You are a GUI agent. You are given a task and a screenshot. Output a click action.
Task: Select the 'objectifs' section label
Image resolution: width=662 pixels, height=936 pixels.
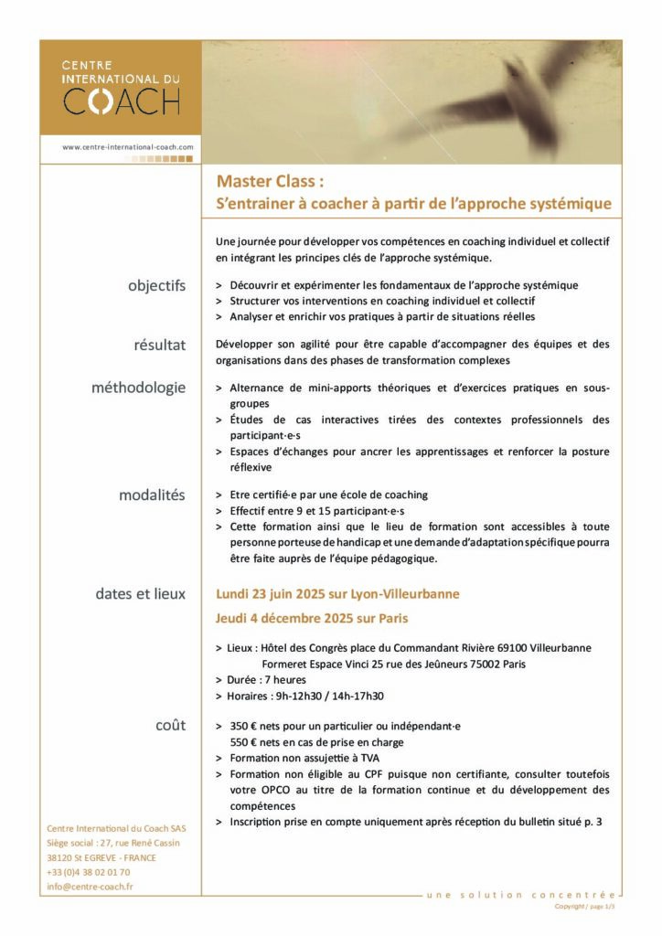click(x=156, y=285)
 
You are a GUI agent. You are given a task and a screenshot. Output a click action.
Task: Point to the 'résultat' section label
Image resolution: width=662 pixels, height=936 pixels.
click(x=159, y=345)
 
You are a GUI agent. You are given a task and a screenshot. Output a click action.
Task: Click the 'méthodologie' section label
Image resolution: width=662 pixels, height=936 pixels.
click(x=138, y=387)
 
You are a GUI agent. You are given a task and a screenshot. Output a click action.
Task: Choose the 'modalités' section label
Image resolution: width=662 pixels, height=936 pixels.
click(x=152, y=495)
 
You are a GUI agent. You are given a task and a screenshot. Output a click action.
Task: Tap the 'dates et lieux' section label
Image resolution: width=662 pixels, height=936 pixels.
click(x=140, y=593)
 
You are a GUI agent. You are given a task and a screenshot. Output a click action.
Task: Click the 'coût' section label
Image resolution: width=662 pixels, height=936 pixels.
click(x=170, y=725)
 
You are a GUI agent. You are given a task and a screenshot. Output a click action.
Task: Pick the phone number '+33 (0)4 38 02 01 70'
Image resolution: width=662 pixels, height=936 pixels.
click(x=88, y=872)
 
